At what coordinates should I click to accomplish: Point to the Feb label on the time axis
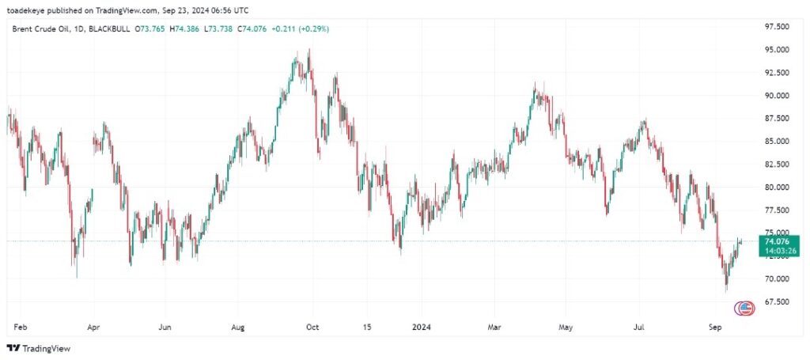click(x=21, y=326)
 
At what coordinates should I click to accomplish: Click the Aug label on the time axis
click(x=238, y=326)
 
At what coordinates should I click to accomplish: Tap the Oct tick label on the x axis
click(x=312, y=326)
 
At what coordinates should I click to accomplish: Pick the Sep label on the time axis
click(x=715, y=326)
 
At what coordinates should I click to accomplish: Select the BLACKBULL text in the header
click(x=108, y=28)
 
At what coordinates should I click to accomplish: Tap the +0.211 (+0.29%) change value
click(x=301, y=28)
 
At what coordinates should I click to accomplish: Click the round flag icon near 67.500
click(x=744, y=307)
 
